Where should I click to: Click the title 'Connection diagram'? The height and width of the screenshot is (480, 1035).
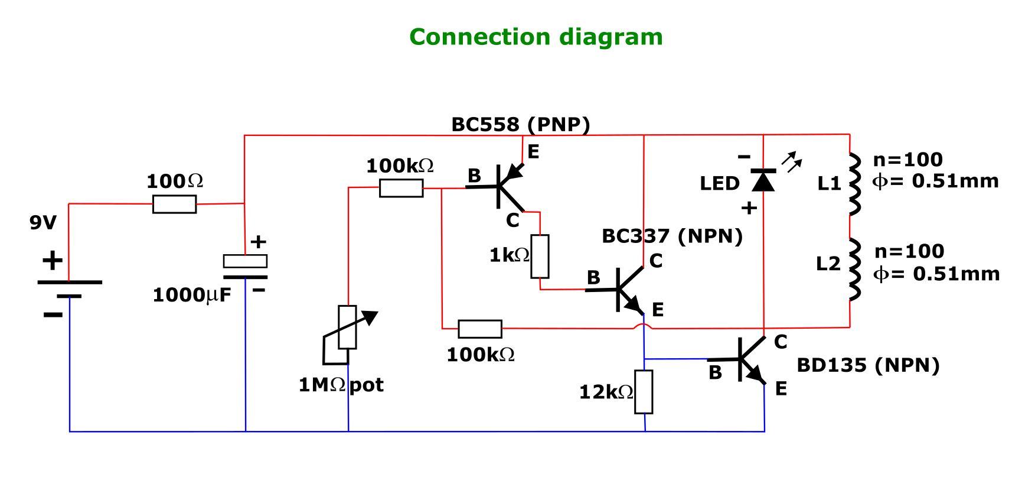point(536,37)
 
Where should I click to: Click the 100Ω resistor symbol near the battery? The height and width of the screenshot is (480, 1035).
point(174,204)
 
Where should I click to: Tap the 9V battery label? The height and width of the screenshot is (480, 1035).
point(43,223)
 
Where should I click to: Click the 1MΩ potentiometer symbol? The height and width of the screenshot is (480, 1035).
point(347,328)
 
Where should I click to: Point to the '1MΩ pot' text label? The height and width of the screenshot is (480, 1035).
point(341,385)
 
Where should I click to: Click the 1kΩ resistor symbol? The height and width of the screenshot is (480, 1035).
point(540,256)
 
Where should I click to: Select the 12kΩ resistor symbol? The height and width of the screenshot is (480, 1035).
point(644,391)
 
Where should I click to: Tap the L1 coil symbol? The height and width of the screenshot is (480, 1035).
point(853,183)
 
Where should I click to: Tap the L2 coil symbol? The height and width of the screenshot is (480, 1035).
point(853,270)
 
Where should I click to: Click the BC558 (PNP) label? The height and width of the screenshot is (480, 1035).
point(520,125)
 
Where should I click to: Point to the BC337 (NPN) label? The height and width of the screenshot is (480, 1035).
point(671,236)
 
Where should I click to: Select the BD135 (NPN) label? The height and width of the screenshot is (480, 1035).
point(867,365)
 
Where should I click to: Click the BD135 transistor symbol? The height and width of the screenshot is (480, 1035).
point(746,359)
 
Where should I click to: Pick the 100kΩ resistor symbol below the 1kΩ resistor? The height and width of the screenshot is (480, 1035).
point(480,329)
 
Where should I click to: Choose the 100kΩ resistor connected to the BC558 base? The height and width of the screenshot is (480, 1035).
point(401,188)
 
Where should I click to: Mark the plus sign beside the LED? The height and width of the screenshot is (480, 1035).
point(749,208)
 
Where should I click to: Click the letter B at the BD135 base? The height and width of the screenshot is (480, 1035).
point(714,373)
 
